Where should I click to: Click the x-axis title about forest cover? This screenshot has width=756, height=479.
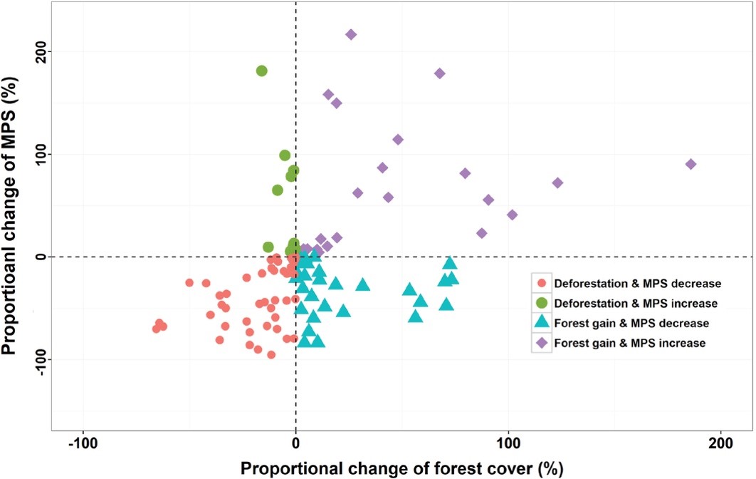401,468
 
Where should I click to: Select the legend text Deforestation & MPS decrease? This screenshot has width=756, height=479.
637,284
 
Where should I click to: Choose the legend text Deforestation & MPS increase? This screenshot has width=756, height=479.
636,304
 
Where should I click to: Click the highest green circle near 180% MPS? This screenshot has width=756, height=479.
261,71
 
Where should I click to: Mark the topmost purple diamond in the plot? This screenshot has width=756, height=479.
351,34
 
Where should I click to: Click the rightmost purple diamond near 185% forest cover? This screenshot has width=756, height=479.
690,164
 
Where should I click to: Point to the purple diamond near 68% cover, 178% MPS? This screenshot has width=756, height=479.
439,73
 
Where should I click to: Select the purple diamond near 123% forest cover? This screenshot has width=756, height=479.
557,182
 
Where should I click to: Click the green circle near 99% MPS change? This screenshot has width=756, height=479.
285,155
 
